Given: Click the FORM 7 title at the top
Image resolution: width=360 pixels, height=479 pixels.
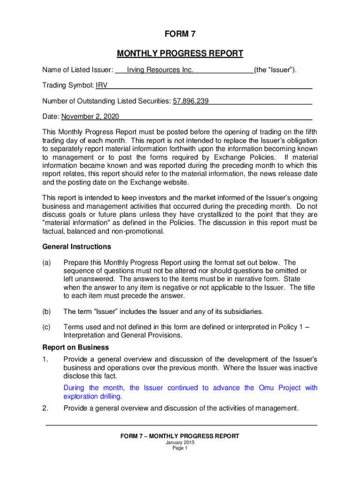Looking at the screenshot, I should (180, 34).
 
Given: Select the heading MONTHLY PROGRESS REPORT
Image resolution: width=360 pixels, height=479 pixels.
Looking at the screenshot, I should (180, 53).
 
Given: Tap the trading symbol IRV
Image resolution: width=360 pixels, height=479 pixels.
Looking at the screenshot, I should (101, 86).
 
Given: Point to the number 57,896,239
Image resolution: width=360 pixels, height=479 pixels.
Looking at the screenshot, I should (191, 101).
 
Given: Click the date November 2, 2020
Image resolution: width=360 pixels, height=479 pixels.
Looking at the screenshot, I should (90, 116).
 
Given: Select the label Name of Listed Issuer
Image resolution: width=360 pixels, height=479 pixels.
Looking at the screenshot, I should (77, 70).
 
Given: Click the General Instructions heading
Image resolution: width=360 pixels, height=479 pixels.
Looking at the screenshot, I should (77, 247).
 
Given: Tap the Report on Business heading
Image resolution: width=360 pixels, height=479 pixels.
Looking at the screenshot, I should (76, 348).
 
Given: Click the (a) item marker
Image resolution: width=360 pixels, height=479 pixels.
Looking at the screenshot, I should (47, 263).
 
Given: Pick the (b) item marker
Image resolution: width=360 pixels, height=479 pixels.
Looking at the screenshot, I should (47, 312).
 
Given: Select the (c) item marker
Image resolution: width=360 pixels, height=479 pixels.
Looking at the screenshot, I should (47, 327).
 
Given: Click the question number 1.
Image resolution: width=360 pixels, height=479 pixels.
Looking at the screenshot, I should (45, 359).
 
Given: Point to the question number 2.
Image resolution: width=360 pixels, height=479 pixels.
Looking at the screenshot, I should (45, 408).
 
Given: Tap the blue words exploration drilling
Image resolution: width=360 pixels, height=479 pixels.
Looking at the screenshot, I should (93, 396).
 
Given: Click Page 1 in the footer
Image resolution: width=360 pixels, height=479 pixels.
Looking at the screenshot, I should (180, 448).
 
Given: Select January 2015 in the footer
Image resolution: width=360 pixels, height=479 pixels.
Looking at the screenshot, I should (180, 443).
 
